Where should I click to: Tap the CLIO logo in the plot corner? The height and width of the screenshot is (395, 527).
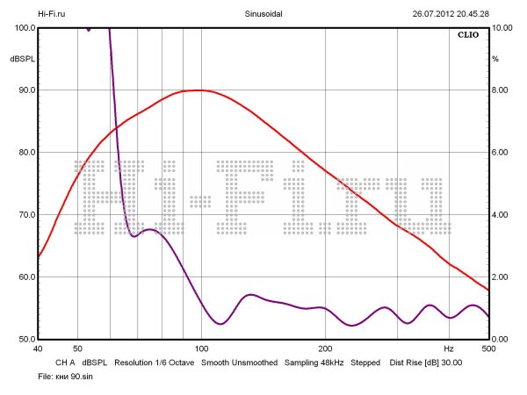(x=470, y=37)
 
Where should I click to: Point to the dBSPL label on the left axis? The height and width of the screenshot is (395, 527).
(x=19, y=59)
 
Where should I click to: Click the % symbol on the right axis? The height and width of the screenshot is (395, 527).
(x=495, y=59)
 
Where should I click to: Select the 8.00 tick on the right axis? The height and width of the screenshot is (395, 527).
(x=500, y=90)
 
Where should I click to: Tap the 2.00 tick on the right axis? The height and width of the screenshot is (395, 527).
(x=500, y=277)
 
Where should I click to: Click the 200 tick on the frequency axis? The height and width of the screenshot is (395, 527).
(x=325, y=348)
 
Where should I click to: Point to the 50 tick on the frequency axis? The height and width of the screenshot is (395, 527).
(x=77, y=348)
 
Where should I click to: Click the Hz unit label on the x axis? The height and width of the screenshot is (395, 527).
(x=449, y=348)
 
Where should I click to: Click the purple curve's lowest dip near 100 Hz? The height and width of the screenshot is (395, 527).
(x=220, y=324)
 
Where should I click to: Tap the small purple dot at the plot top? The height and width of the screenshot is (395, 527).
(x=89, y=29)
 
